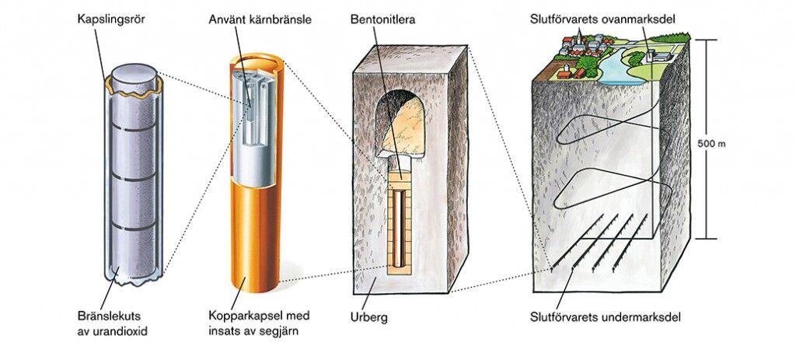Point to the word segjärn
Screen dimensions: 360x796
(x=278, y=332)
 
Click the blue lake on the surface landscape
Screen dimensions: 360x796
(x=614, y=71)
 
